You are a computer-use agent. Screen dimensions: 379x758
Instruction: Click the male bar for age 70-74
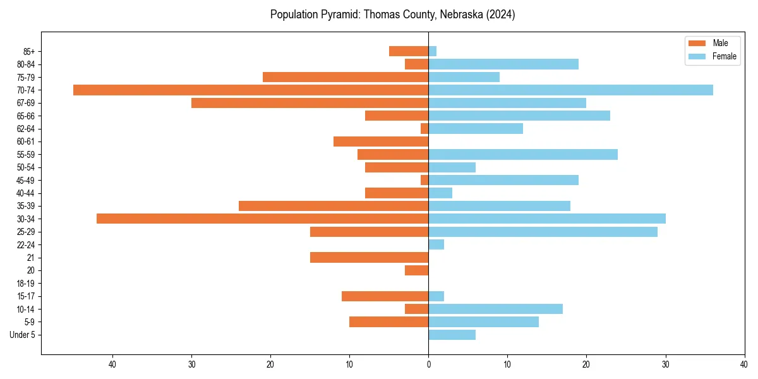click(x=251, y=90)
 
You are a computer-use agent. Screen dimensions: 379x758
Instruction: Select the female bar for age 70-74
click(x=570, y=90)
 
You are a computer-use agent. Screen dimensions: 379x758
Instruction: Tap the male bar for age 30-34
click(x=262, y=219)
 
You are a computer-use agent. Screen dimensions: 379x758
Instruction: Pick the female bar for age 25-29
click(x=543, y=232)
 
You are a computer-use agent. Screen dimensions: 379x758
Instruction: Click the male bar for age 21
click(x=369, y=257)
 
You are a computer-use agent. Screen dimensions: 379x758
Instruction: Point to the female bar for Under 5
click(x=452, y=335)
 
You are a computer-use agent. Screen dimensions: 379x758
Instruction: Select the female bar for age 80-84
click(x=503, y=64)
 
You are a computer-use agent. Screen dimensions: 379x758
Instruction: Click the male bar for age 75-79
click(x=346, y=77)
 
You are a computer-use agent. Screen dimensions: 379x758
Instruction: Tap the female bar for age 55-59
click(x=523, y=154)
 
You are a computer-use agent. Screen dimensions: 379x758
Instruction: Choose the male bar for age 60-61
click(x=381, y=141)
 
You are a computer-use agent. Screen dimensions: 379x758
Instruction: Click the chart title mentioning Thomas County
click(x=392, y=15)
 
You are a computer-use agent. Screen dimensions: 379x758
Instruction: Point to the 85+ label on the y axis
click(x=29, y=51)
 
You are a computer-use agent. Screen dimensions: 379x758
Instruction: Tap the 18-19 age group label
click(x=26, y=283)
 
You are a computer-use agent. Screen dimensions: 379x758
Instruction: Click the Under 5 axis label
click(x=23, y=335)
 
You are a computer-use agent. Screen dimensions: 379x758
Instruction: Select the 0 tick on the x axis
click(x=428, y=364)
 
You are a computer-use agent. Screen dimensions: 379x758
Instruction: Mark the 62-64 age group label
click(x=26, y=128)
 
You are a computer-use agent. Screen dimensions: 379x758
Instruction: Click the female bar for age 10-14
click(x=495, y=309)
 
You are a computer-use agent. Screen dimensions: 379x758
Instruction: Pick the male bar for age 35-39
click(x=334, y=206)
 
